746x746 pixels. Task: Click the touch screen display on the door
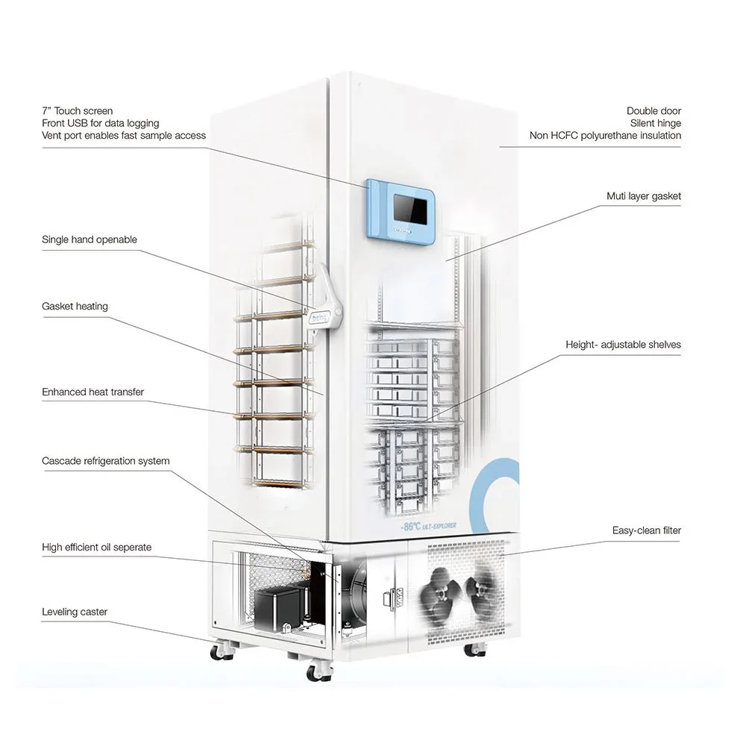(x=410, y=207)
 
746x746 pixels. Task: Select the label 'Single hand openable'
(x=90, y=239)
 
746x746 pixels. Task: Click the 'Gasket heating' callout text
(x=75, y=306)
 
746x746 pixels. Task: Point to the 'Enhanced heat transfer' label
(x=93, y=392)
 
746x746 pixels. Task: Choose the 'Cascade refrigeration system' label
(x=105, y=461)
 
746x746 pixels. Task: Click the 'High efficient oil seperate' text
(x=96, y=548)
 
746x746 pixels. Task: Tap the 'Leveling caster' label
(x=75, y=612)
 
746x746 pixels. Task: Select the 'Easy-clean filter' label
(x=646, y=531)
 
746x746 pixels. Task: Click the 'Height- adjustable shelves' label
(x=623, y=345)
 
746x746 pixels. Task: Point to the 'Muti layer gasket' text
(x=643, y=196)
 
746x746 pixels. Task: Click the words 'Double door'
(x=653, y=111)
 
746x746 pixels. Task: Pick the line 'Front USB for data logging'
(x=100, y=123)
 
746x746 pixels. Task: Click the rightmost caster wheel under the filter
(x=472, y=649)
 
